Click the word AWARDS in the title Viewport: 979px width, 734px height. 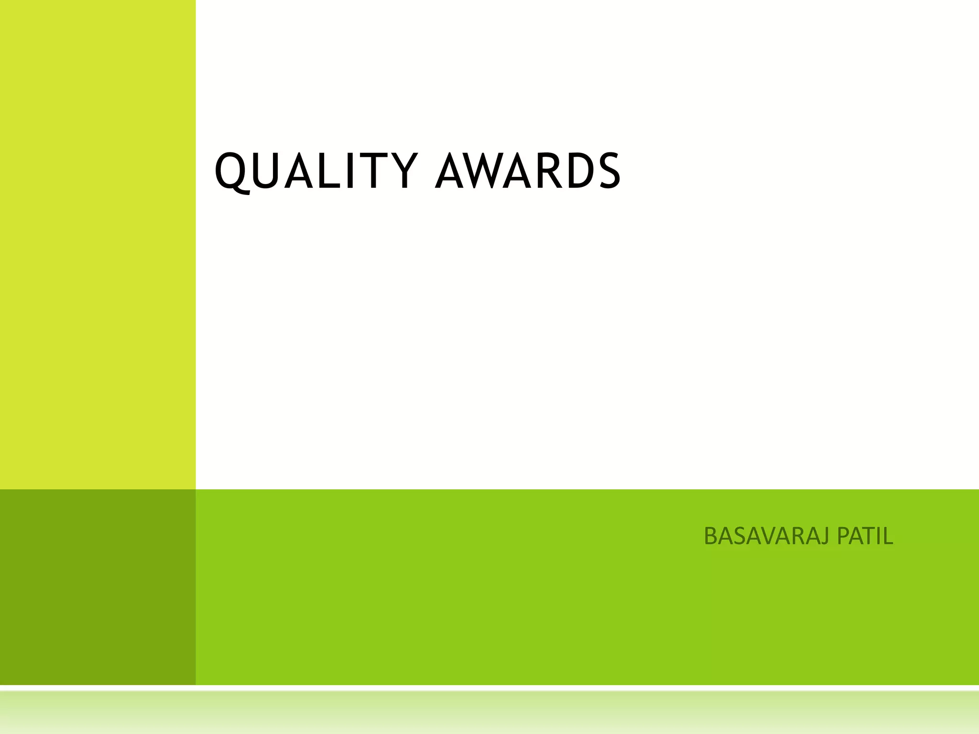pyautogui.click(x=528, y=171)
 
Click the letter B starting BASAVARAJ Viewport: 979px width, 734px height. pyautogui.click(x=711, y=536)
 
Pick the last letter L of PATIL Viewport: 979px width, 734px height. pyautogui.click(x=888, y=536)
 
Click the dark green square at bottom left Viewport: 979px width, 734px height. pyautogui.click(x=98, y=587)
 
